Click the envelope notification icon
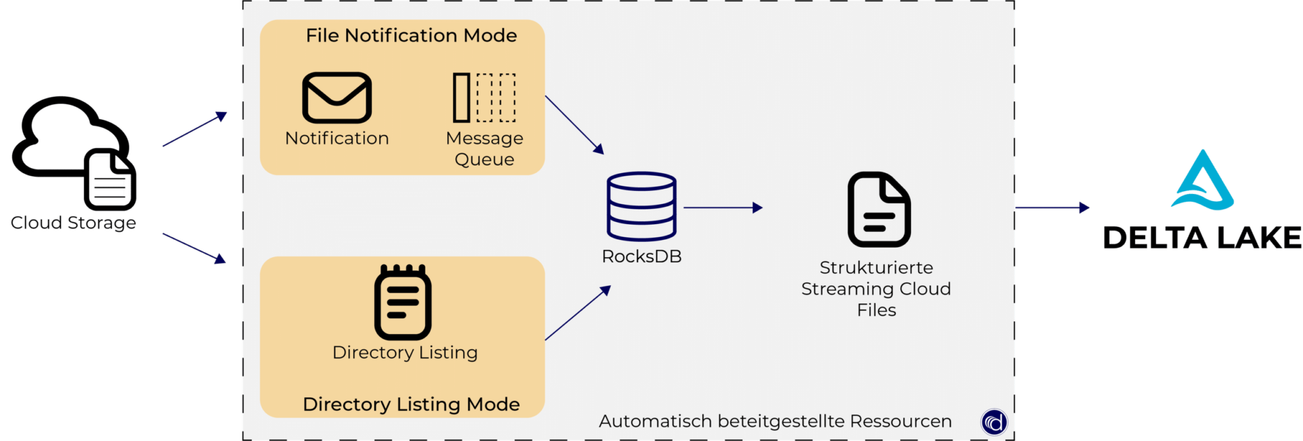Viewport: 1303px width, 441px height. (x=337, y=97)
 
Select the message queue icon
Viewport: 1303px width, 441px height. (x=484, y=97)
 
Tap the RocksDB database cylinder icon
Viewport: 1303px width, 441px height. (x=641, y=206)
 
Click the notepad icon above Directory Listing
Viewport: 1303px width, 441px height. (x=402, y=302)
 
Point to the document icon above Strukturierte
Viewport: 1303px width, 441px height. (x=879, y=209)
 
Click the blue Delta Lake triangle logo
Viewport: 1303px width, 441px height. (x=1202, y=181)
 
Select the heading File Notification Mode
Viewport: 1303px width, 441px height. (x=411, y=36)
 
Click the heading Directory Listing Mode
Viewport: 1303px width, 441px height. (x=411, y=404)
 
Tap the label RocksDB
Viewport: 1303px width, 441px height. (x=641, y=256)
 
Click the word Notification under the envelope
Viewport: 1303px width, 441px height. (x=337, y=138)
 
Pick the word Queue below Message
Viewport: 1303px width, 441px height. (x=484, y=159)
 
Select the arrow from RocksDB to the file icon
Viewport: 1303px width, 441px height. (x=722, y=207)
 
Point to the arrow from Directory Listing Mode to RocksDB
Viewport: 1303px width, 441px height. (x=577, y=313)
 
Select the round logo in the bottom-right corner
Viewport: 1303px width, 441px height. (x=994, y=422)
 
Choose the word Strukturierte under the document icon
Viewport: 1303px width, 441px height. (x=875, y=267)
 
